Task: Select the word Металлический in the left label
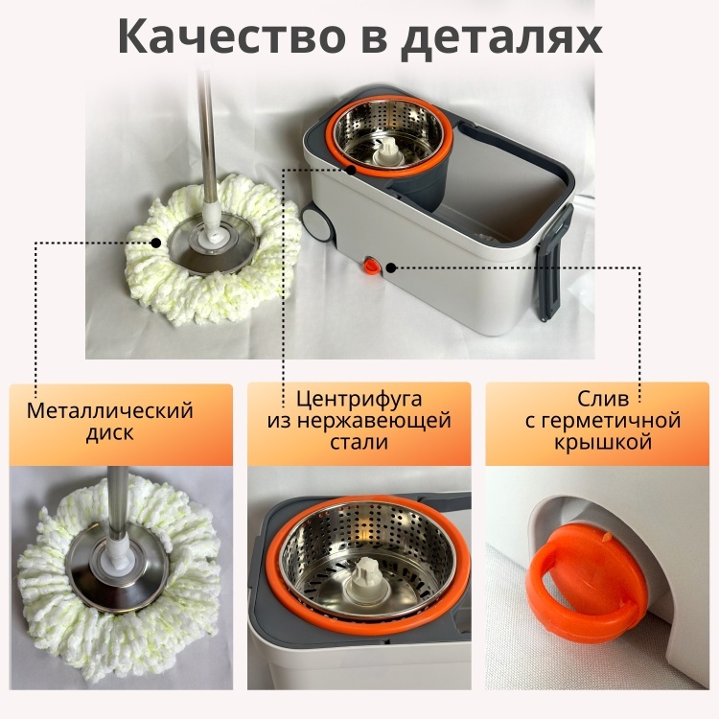pyautogui.click(x=110, y=410)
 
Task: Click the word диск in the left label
pyautogui.click(x=110, y=433)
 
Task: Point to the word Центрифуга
pyautogui.click(x=359, y=399)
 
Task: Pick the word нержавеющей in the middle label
pyautogui.click(x=359, y=421)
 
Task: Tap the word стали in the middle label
pyautogui.click(x=359, y=442)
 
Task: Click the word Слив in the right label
pyautogui.click(x=603, y=399)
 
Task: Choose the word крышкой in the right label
pyautogui.click(x=603, y=443)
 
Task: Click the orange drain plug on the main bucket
pyautogui.click(x=371, y=266)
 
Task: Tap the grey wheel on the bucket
pyautogui.click(x=317, y=223)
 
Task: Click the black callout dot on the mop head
pyautogui.click(x=156, y=243)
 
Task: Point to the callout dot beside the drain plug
pyautogui.click(x=391, y=267)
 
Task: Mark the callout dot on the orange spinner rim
pyautogui.click(x=351, y=170)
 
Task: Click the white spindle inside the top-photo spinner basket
pyautogui.click(x=387, y=151)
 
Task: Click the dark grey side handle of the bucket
pyautogui.click(x=555, y=262)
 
